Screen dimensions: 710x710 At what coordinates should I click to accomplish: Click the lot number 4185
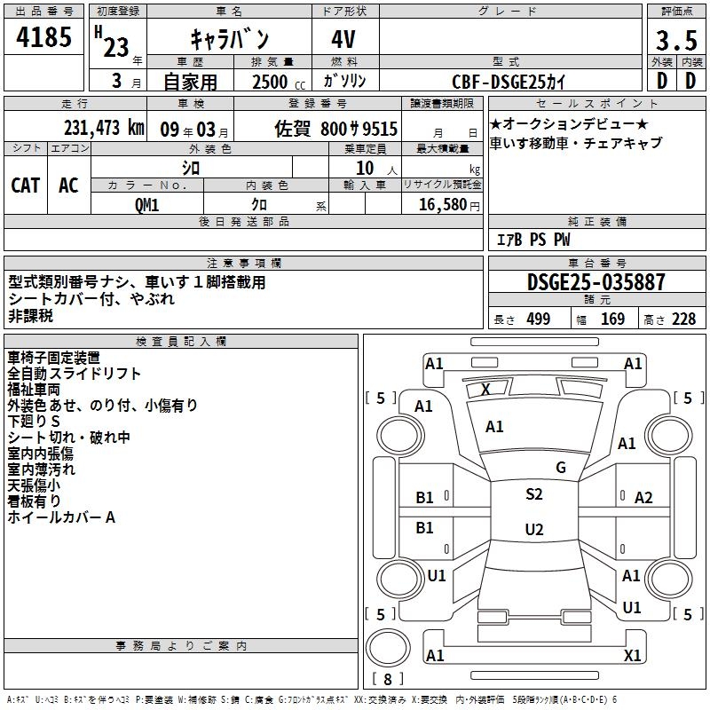click(x=44, y=39)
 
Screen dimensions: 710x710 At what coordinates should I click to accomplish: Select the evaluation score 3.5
click(x=674, y=41)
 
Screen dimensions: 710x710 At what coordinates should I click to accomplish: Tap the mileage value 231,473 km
click(x=104, y=128)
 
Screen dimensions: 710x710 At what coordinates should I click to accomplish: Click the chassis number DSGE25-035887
click(x=596, y=282)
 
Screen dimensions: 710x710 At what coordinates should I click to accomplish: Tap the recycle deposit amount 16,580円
click(x=441, y=204)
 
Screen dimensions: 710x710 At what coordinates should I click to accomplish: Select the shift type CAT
click(x=25, y=185)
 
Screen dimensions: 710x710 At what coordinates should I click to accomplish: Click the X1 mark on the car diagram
click(x=632, y=655)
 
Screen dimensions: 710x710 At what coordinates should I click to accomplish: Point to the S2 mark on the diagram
click(x=533, y=494)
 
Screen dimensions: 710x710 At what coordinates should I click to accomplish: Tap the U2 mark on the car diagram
click(x=533, y=530)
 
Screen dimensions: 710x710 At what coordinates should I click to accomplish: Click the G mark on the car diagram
click(x=560, y=467)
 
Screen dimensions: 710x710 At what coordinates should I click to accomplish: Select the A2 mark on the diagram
click(x=643, y=498)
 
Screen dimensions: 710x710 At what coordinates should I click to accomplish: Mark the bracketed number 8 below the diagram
click(x=387, y=680)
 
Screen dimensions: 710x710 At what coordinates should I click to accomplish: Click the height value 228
click(x=682, y=319)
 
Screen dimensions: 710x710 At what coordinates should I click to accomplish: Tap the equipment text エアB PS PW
click(x=532, y=241)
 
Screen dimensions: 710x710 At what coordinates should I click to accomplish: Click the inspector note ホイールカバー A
click(x=62, y=517)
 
